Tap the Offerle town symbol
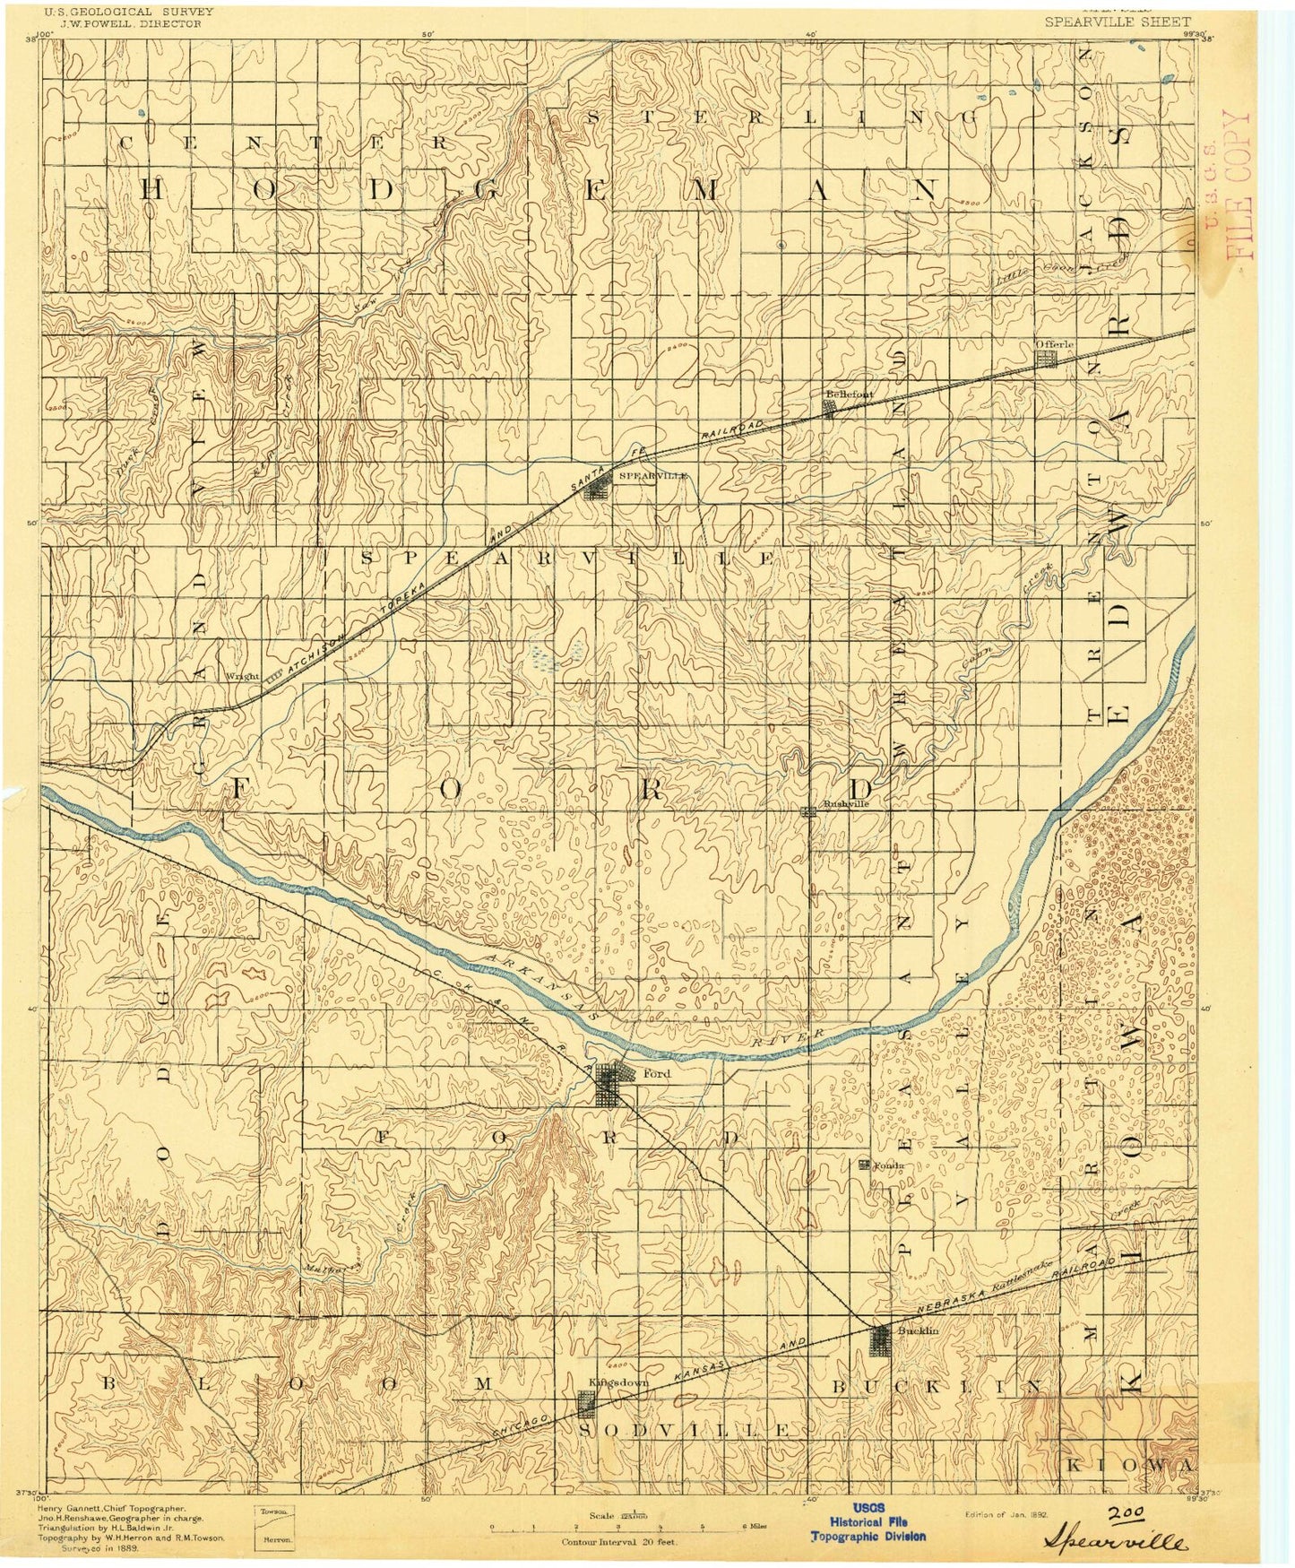click(1046, 359)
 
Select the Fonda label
click(889, 1165)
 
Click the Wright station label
click(242, 676)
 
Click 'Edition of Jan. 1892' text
click(1005, 1514)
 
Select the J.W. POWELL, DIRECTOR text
click(115, 24)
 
